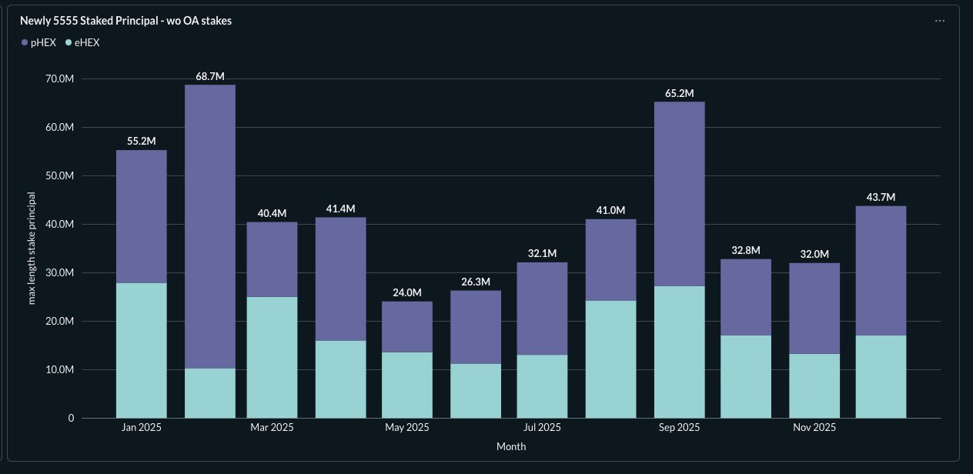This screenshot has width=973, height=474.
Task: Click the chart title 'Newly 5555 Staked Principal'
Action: click(x=125, y=21)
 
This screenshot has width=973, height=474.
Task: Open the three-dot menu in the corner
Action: click(x=939, y=21)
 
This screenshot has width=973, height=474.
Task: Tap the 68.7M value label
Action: click(x=210, y=76)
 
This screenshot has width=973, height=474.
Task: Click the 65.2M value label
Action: click(x=679, y=94)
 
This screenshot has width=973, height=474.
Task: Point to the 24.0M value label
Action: click(x=407, y=292)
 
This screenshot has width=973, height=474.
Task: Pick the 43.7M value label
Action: click(x=881, y=198)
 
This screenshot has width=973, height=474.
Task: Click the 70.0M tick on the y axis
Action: click(x=59, y=78)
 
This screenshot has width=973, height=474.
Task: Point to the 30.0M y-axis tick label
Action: click(x=59, y=272)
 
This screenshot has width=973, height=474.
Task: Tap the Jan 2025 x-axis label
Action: click(x=142, y=427)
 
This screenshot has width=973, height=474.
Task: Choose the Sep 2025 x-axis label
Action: click(x=679, y=427)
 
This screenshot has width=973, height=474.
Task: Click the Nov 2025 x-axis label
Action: click(x=814, y=427)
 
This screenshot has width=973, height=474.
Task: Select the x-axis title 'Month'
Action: click(x=510, y=446)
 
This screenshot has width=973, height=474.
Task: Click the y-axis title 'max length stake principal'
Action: click(x=32, y=248)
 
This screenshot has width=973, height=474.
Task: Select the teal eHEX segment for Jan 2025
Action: click(x=142, y=350)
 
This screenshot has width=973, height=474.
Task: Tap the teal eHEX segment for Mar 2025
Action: click(x=272, y=357)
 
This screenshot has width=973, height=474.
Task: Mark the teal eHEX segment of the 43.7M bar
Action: click(x=881, y=376)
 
